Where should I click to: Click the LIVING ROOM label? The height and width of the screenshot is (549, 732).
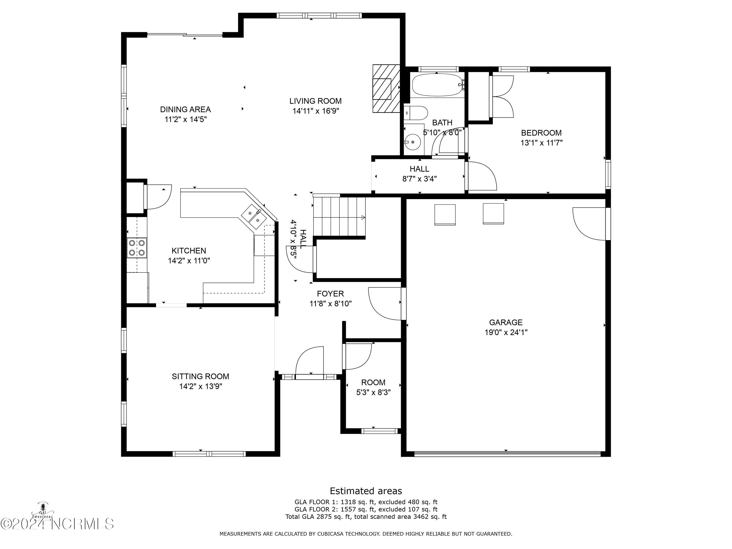click(x=315, y=101)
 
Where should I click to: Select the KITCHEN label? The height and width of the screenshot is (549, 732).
click(x=189, y=251)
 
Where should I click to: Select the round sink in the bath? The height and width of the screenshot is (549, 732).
click(x=413, y=142)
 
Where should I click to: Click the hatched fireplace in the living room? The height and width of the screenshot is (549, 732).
click(x=386, y=88)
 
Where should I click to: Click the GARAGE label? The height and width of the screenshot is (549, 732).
click(x=506, y=322)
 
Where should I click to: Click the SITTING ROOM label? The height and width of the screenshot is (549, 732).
click(x=201, y=376)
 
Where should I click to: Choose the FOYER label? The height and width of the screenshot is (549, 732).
click(x=330, y=294)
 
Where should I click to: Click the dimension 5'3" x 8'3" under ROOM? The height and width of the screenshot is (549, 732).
click(x=373, y=392)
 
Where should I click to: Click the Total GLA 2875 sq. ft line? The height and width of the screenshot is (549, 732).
click(x=366, y=517)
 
